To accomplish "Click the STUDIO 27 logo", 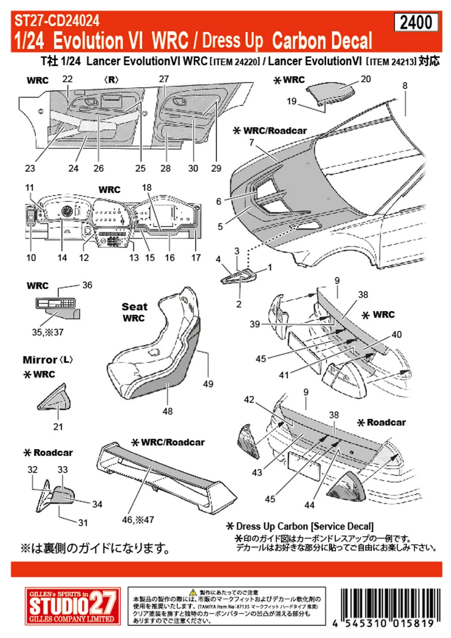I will point(72,605).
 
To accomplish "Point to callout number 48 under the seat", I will point(168,411).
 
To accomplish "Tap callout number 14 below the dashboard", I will point(62,258).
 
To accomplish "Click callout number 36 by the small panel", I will point(87,286).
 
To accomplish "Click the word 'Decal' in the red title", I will point(344,41).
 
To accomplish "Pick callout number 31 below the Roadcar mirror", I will point(82,522).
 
